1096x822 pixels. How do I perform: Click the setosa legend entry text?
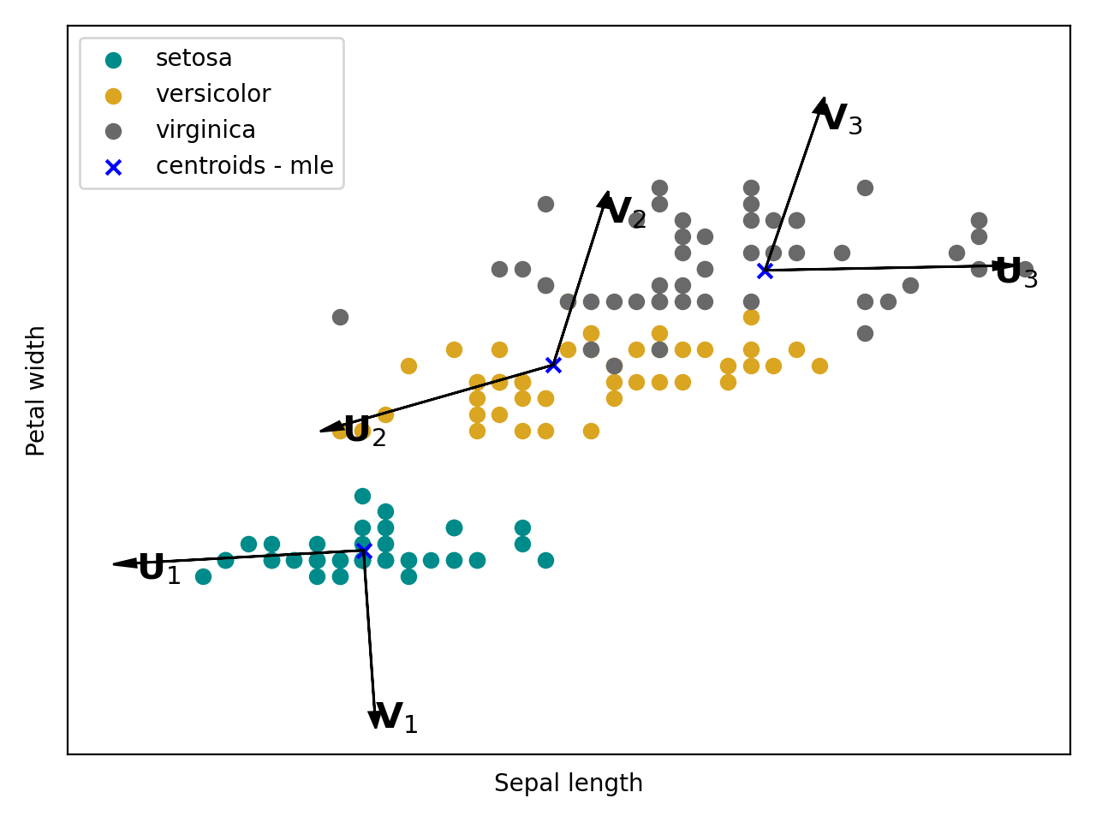pos(194,58)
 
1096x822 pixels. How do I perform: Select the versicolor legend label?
pos(212,94)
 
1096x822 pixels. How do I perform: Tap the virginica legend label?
pos(205,130)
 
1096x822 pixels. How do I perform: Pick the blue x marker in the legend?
pos(113,167)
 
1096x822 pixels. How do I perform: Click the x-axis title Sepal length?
pos(568,783)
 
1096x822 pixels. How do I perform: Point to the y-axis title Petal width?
pos(36,390)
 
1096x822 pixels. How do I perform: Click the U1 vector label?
pos(159,569)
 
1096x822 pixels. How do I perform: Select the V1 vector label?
pos(396,718)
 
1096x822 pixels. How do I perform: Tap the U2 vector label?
pos(365,432)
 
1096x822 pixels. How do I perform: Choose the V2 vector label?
pos(625,213)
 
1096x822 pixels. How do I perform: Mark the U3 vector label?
pos(1016,273)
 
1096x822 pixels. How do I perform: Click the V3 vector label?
pos(842,120)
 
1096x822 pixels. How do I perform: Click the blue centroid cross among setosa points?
pos(364,551)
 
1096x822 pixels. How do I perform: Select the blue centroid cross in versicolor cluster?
pos(553,365)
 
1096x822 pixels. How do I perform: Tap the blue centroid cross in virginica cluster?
pos(765,271)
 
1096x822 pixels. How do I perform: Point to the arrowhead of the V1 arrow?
pos(375,721)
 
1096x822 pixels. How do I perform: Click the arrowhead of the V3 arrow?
pos(821,105)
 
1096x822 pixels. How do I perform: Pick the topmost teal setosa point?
pos(362,496)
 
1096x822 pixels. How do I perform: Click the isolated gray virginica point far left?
pos(340,317)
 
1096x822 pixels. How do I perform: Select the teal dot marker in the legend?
pos(113,59)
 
